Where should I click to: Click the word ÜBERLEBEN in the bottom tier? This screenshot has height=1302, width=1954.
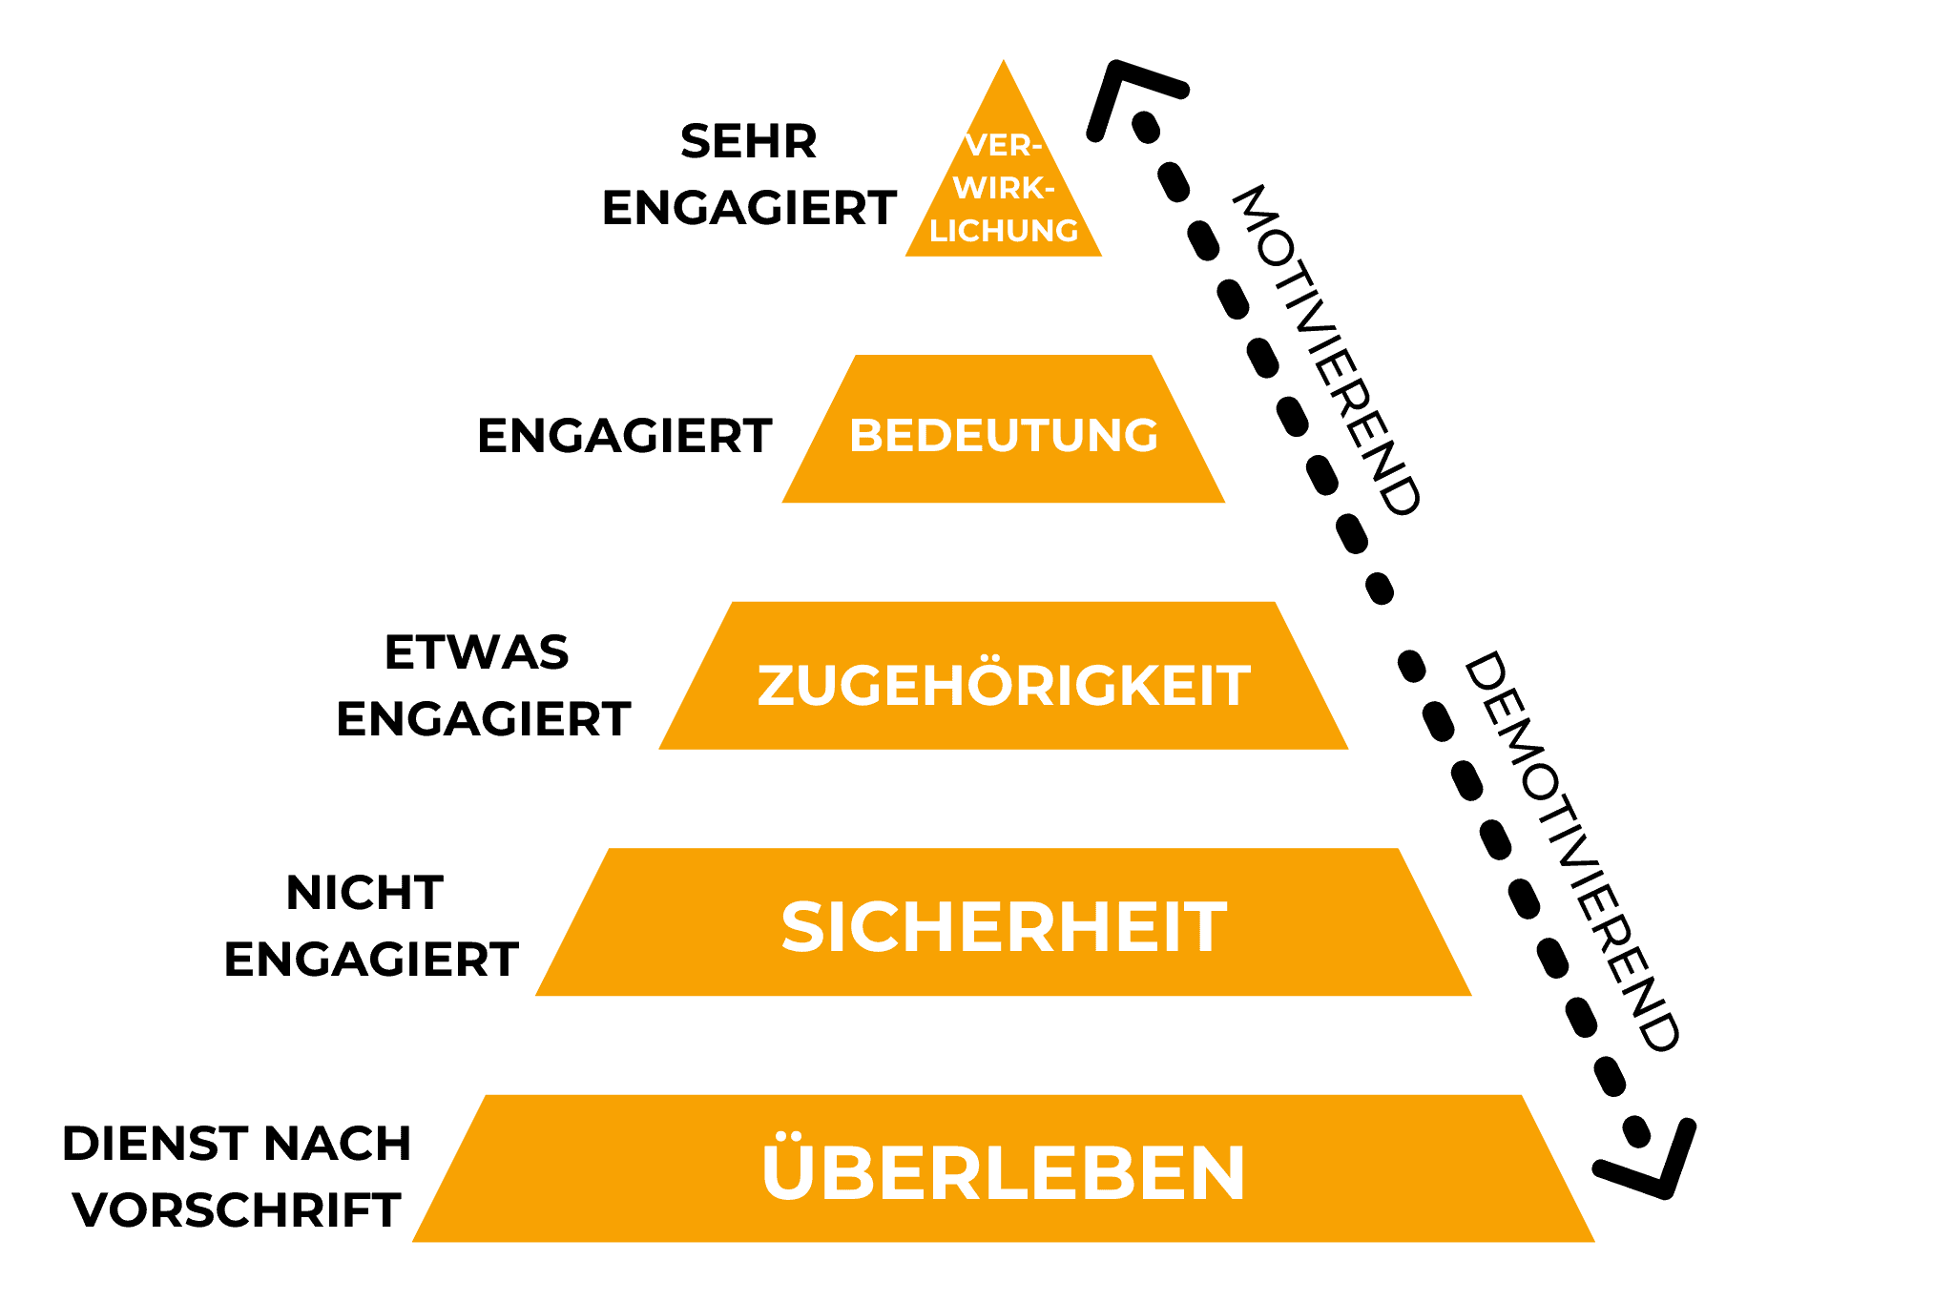[1004, 1172]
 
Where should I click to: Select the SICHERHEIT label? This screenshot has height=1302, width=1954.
[1004, 927]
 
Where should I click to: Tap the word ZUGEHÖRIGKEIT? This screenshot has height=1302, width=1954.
[1004, 686]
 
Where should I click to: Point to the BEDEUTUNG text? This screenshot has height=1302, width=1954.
[1004, 436]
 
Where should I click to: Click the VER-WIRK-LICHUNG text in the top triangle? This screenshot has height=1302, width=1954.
[1004, 189]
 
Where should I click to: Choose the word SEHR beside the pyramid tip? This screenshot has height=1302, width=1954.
[749, 142]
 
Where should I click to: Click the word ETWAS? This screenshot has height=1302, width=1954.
[476, 653]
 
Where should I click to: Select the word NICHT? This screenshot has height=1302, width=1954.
[364, 894]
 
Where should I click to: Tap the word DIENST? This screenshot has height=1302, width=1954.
[156, 1144]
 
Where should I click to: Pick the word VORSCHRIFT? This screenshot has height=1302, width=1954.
[237, 1211]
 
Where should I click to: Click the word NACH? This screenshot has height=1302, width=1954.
[337, 1144]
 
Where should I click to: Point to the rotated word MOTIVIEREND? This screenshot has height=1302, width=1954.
[1327, 351]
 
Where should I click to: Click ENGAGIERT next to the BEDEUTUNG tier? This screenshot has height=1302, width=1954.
[624, 437]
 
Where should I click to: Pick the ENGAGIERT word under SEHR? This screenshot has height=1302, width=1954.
[749, 209]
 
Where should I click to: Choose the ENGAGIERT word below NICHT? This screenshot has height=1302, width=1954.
[371, 960]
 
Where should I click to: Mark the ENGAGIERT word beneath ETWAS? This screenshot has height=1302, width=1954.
[483, 719]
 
